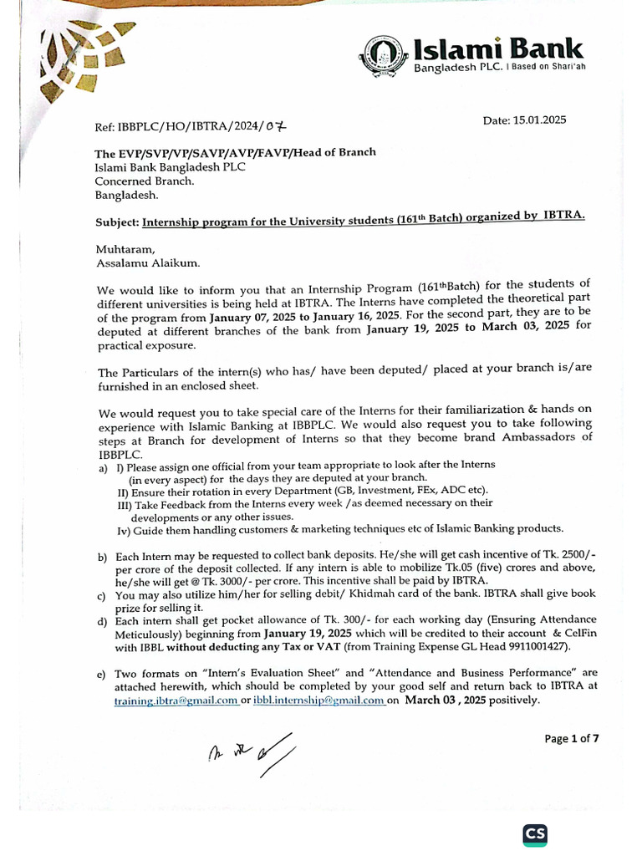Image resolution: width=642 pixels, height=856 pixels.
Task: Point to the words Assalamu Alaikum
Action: click(x=148, y=263)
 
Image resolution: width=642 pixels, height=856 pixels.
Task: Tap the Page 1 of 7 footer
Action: click(x=572, y=738)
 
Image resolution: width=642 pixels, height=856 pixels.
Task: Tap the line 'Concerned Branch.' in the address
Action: click(x=144, y=181)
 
